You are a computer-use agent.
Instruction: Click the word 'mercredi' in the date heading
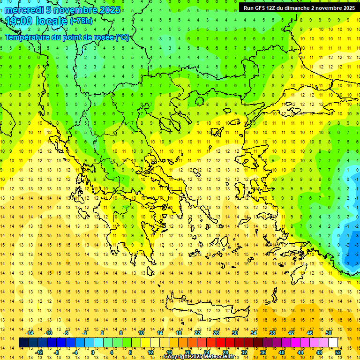tap(24, 10)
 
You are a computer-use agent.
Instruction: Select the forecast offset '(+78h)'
tap(81, 21)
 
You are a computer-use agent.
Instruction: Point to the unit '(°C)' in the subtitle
tap(121, 37)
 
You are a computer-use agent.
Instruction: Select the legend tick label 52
tap(338, 352)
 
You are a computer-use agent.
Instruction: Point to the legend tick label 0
tap(92, 352)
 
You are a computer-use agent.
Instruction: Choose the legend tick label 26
tap(216, 333)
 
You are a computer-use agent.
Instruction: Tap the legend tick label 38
tap(272, 333)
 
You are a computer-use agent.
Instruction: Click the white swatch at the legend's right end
tap(333, 343)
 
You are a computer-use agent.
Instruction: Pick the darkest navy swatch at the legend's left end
tap(24, 343)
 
